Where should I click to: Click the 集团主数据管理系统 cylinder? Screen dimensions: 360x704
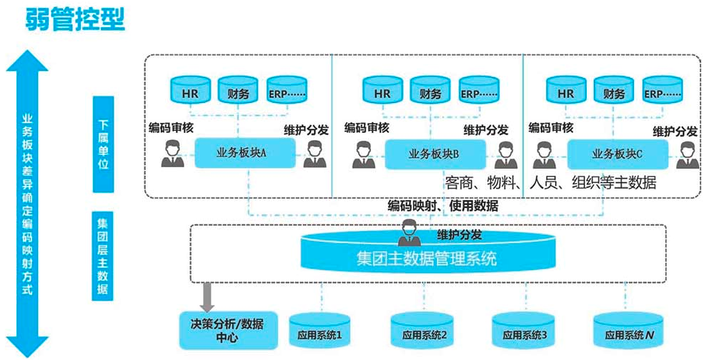pos(427,258)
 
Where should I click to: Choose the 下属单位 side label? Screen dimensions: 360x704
pos(104,143)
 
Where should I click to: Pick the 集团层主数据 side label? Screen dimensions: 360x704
pos(103,254)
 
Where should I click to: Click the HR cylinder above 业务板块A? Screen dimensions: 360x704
pos(190,91)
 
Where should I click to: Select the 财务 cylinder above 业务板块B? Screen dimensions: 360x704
pos(431,91)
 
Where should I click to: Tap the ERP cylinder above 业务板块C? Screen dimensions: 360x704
pos(663,91)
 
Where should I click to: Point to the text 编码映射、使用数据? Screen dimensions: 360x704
pos(443,206)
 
